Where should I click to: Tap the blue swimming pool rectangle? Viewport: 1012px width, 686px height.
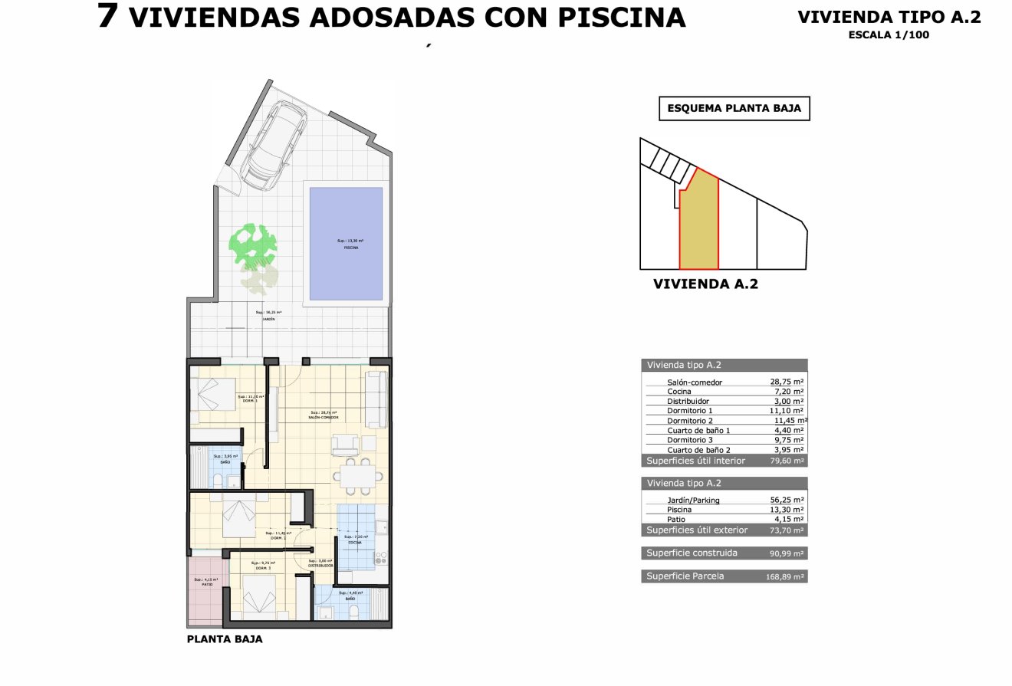[345, 244]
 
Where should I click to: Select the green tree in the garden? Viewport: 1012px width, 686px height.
[252, 244]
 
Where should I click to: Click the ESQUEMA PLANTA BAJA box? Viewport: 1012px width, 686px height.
[734, 109]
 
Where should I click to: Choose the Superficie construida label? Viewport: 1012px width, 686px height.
[692, 553]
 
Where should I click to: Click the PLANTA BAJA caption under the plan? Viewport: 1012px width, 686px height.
[225, 638]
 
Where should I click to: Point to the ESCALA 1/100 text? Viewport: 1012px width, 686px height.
[889, 34]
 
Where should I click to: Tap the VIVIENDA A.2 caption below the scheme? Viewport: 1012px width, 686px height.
[705, 284]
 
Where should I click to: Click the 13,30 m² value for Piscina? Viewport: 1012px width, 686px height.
[787, 510]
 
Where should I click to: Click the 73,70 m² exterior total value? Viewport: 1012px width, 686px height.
[787, 530]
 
